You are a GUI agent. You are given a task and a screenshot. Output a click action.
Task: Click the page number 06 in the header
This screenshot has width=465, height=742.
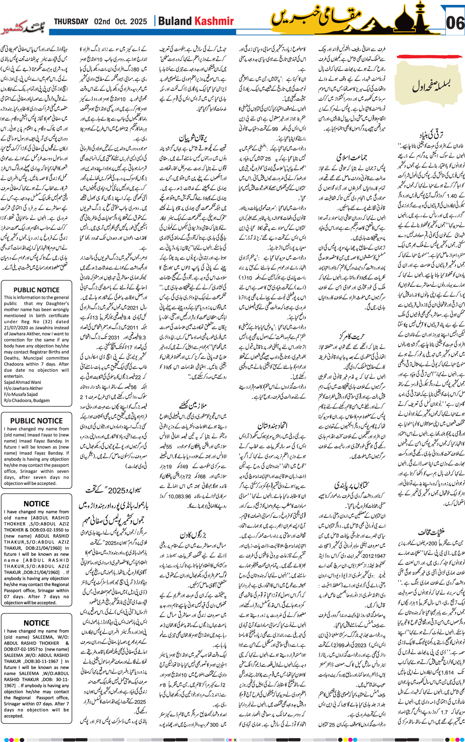coord(455,23)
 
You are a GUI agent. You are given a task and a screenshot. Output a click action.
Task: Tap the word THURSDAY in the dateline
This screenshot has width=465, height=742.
coord(71,22)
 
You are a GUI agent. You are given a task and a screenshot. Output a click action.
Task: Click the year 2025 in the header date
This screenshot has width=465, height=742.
coord(138,22)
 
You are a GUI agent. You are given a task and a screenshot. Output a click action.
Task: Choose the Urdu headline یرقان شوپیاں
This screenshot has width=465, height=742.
coord(193,137)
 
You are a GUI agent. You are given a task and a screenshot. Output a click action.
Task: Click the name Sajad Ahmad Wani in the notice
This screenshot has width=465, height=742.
coord(23,382)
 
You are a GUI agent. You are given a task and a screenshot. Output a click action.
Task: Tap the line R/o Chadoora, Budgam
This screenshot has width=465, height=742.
coord(27,400)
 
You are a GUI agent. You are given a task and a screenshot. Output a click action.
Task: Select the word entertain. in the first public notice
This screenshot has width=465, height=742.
coord(14,376)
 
